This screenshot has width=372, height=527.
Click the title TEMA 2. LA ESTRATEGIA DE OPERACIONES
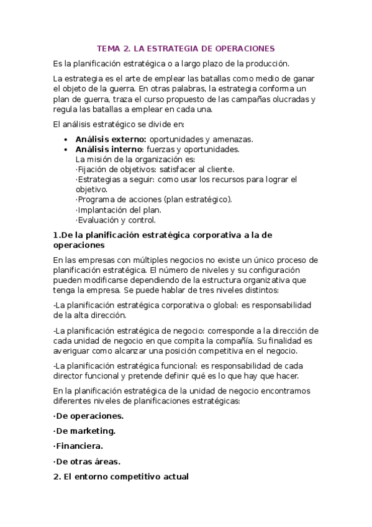186,48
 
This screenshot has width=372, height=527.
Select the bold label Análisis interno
109,149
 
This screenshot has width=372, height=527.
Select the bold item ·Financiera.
78,446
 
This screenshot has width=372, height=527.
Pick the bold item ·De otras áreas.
87,461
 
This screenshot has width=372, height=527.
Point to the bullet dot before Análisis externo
67,140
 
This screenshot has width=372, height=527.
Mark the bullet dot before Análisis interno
67,150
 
